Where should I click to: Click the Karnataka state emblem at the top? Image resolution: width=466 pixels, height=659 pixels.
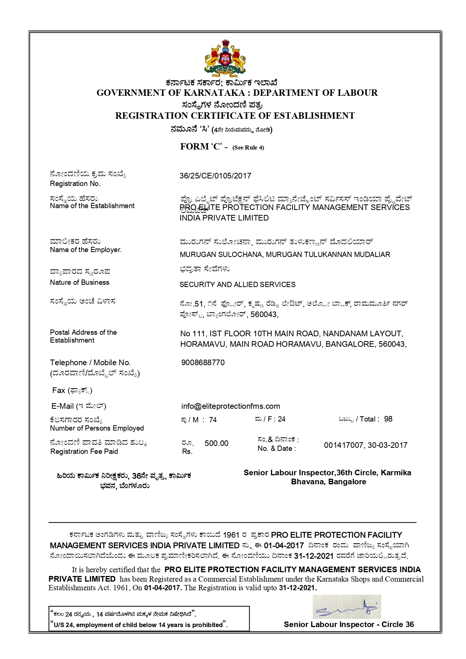(x=225, y=58)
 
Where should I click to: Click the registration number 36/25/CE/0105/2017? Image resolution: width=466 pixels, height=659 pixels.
(x=215, y=176)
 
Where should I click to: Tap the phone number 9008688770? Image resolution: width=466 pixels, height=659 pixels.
(x=203, y=363)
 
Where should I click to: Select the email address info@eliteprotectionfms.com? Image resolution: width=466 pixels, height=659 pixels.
(x=231, y=406)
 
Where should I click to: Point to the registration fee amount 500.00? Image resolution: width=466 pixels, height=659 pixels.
(x=216, y=443)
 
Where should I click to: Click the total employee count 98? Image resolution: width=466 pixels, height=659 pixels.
(x=388, y=419)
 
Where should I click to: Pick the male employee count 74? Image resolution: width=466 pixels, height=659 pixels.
(x=213, y=420)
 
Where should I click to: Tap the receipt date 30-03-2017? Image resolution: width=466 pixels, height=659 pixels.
(x=388, y=445)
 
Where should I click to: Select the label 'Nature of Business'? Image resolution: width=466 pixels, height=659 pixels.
(x=80, y=283)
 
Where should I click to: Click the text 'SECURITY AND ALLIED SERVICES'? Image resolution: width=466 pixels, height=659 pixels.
(x=237, y=285)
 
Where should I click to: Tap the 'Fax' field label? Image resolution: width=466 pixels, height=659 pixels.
(x=59, y=390)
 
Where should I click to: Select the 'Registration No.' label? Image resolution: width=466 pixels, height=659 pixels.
(x=75, y=184)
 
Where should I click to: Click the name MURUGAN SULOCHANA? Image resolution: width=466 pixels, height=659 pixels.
(x=221, y=255)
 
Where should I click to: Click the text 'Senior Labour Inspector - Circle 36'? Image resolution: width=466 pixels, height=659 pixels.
(x=348, y=624)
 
